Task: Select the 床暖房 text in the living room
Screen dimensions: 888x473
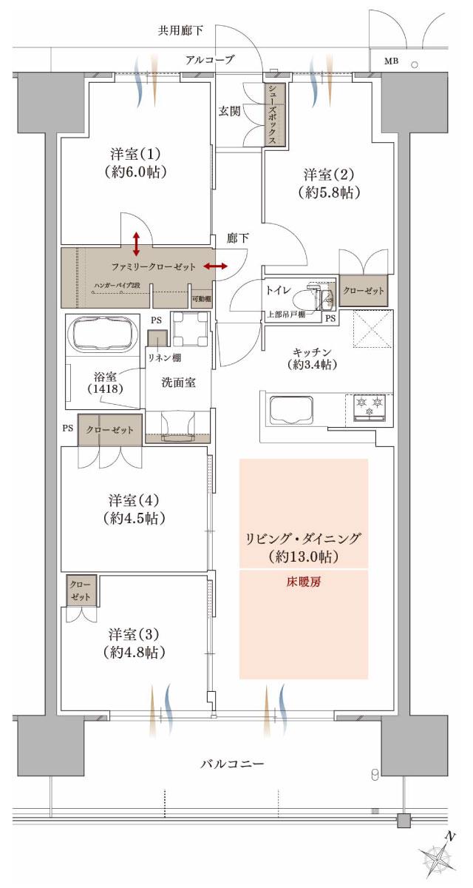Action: [x=304, y=582]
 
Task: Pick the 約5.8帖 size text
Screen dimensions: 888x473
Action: [x=330, y=193]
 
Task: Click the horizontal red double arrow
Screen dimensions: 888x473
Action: [x=215, y=266]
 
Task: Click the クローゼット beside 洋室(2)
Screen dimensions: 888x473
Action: [x=364, y=291]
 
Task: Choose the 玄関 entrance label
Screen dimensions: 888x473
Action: [x=229, y=112]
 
